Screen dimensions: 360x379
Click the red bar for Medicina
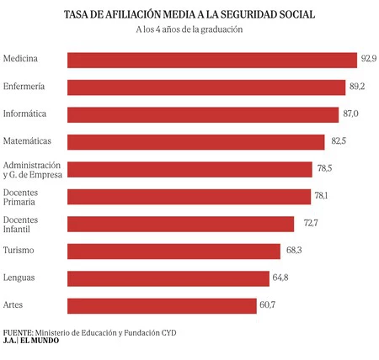click(211, 60)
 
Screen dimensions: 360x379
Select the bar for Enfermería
click(206, 87)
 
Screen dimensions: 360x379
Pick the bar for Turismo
click(173, 251)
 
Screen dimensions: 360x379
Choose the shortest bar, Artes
click(161, 305)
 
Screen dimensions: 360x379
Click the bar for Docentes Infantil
click(180, 224)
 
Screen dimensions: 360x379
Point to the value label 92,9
click(369, 59)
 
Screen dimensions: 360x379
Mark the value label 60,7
click(269, 305)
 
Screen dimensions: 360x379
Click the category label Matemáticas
click(28, 140)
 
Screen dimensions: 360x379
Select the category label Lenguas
click(19, 278)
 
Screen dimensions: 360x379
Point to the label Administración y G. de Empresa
click(33, 169)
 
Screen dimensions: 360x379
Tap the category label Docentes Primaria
click(23, 196)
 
